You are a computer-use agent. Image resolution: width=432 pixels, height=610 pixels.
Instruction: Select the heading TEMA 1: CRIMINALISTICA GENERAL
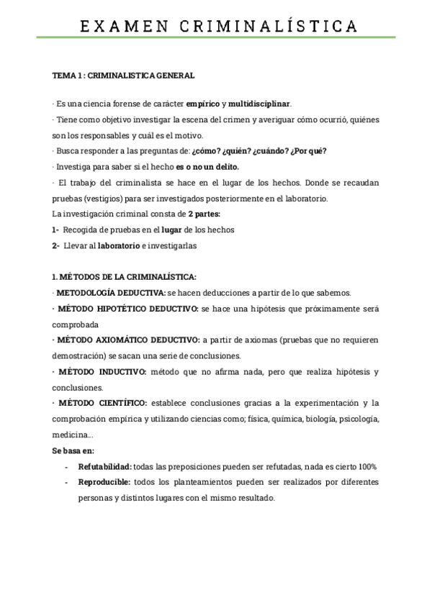123,75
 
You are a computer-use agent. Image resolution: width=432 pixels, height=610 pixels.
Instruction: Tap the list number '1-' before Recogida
56,229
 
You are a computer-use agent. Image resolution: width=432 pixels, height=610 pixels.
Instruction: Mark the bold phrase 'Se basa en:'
73,450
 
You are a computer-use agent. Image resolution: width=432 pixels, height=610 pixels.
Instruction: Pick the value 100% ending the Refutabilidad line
367,467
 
